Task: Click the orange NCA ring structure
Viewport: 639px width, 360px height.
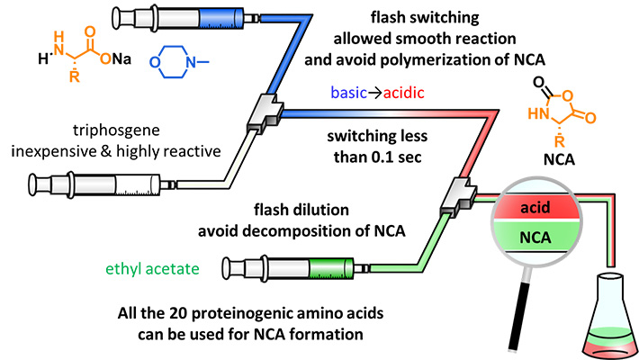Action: pyautogui.click(x=579, y=110)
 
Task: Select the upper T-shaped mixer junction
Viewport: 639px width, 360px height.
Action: pyautogui.click(x=265, y=112)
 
